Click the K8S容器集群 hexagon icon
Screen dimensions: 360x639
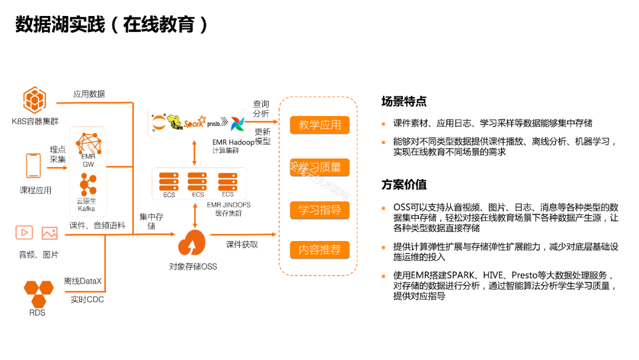pyautogui.click(x=34, y=99)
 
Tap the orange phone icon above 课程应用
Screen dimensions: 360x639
pyautogui.click(x=33, y=165)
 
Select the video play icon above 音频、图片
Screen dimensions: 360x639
pyautogui.click(x=24, y=233)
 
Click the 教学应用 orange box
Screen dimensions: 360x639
pyautogui.click(x=319, y=125)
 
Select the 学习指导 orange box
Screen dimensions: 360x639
pyautogui.click(x=319, y=210)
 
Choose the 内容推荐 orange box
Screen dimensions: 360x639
pyautogui.click(x=319, y=250)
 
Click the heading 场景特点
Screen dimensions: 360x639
pyautogui.click(x=404, y=101)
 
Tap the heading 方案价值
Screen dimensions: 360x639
pyautogui.click(x=404, y=185)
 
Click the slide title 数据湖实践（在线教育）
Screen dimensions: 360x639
pyautogui.click(x=112, y=24)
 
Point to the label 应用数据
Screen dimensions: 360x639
pyautogui.click(x=89, y=94)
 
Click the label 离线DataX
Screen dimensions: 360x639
pyautogui.click(x=83, y=281)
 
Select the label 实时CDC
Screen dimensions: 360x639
pyautogui.click(x=87, y=300)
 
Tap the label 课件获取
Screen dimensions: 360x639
pyautogui.click(x=242, y=244)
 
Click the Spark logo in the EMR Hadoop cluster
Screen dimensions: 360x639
pyautogui.click(x=193, y=123)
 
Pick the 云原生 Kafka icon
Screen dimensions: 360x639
pyautogui.click(x=87, y=185)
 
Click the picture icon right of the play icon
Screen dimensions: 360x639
pyautogui.click(x=50, y=233)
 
